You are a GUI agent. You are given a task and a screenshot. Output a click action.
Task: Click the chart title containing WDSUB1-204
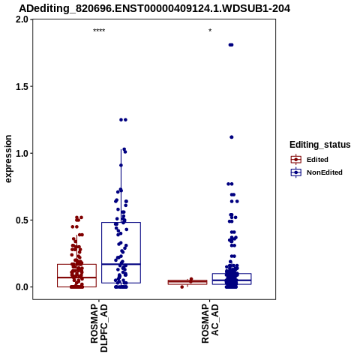(154, 8)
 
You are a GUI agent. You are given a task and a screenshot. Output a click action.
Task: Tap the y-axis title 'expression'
(8, 159)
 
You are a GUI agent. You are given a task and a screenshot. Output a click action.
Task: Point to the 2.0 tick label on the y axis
(22, 19)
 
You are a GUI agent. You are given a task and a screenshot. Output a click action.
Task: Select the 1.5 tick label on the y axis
(22, 86)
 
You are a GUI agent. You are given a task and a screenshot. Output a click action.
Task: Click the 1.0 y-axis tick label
(22, 153)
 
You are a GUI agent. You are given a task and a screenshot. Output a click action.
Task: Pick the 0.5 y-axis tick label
(22, 220)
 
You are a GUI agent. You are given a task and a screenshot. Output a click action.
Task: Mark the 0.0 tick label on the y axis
(22, 287)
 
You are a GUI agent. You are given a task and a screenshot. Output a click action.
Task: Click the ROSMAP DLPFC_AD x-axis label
(99, 328)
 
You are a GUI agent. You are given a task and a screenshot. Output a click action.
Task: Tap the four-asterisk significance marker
(99, 31)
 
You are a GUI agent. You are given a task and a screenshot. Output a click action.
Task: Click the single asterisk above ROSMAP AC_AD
(210, 31)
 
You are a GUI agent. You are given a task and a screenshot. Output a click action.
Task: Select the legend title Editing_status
(320, 145)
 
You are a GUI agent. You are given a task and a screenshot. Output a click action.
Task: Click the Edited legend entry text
(317, 160)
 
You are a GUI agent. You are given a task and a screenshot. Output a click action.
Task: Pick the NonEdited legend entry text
(325, 172)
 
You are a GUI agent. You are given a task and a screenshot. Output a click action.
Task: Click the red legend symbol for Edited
(296, 160)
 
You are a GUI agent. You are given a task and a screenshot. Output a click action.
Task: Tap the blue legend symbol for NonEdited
(296, 172)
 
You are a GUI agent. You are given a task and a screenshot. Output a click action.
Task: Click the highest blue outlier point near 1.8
(231, 45)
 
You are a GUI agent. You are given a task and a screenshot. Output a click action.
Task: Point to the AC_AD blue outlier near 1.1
(232, 137)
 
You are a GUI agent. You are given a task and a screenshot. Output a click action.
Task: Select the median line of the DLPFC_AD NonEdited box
(121, 264)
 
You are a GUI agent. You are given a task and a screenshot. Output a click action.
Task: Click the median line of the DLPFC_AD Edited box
(76, 277)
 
